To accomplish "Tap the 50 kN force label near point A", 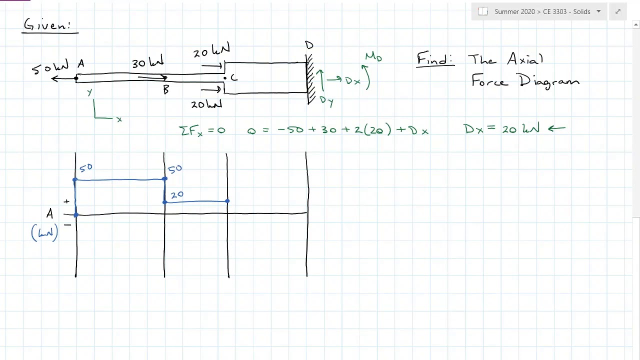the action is coord(50,66).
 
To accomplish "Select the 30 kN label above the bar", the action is coord(147,61).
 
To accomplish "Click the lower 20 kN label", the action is coord(206,104).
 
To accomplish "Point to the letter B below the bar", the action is coord(166,89).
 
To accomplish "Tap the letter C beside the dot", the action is coord(234,77).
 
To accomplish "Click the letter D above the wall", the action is coord(309,45).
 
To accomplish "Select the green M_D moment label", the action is coord(373,57).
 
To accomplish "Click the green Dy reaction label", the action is coord(326,101).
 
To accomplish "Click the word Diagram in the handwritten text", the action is coord(549,81).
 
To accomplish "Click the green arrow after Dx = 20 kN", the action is coord(556,128).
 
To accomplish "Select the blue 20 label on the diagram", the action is coord(177,195).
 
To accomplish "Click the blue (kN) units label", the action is coord(44,232).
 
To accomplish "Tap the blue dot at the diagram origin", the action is coord(76,215).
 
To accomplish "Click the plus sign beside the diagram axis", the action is coord(66,201).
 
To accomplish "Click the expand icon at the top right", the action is coord(618,11).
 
